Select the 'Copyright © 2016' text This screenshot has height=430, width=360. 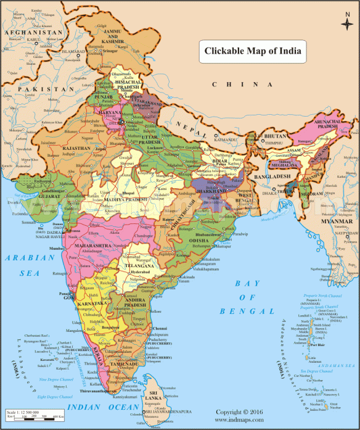coord(240,411)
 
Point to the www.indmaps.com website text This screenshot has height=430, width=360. coord(240,420)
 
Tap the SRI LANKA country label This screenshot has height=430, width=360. coord(153,395)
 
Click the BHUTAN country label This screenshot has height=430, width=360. coord(278,134)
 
